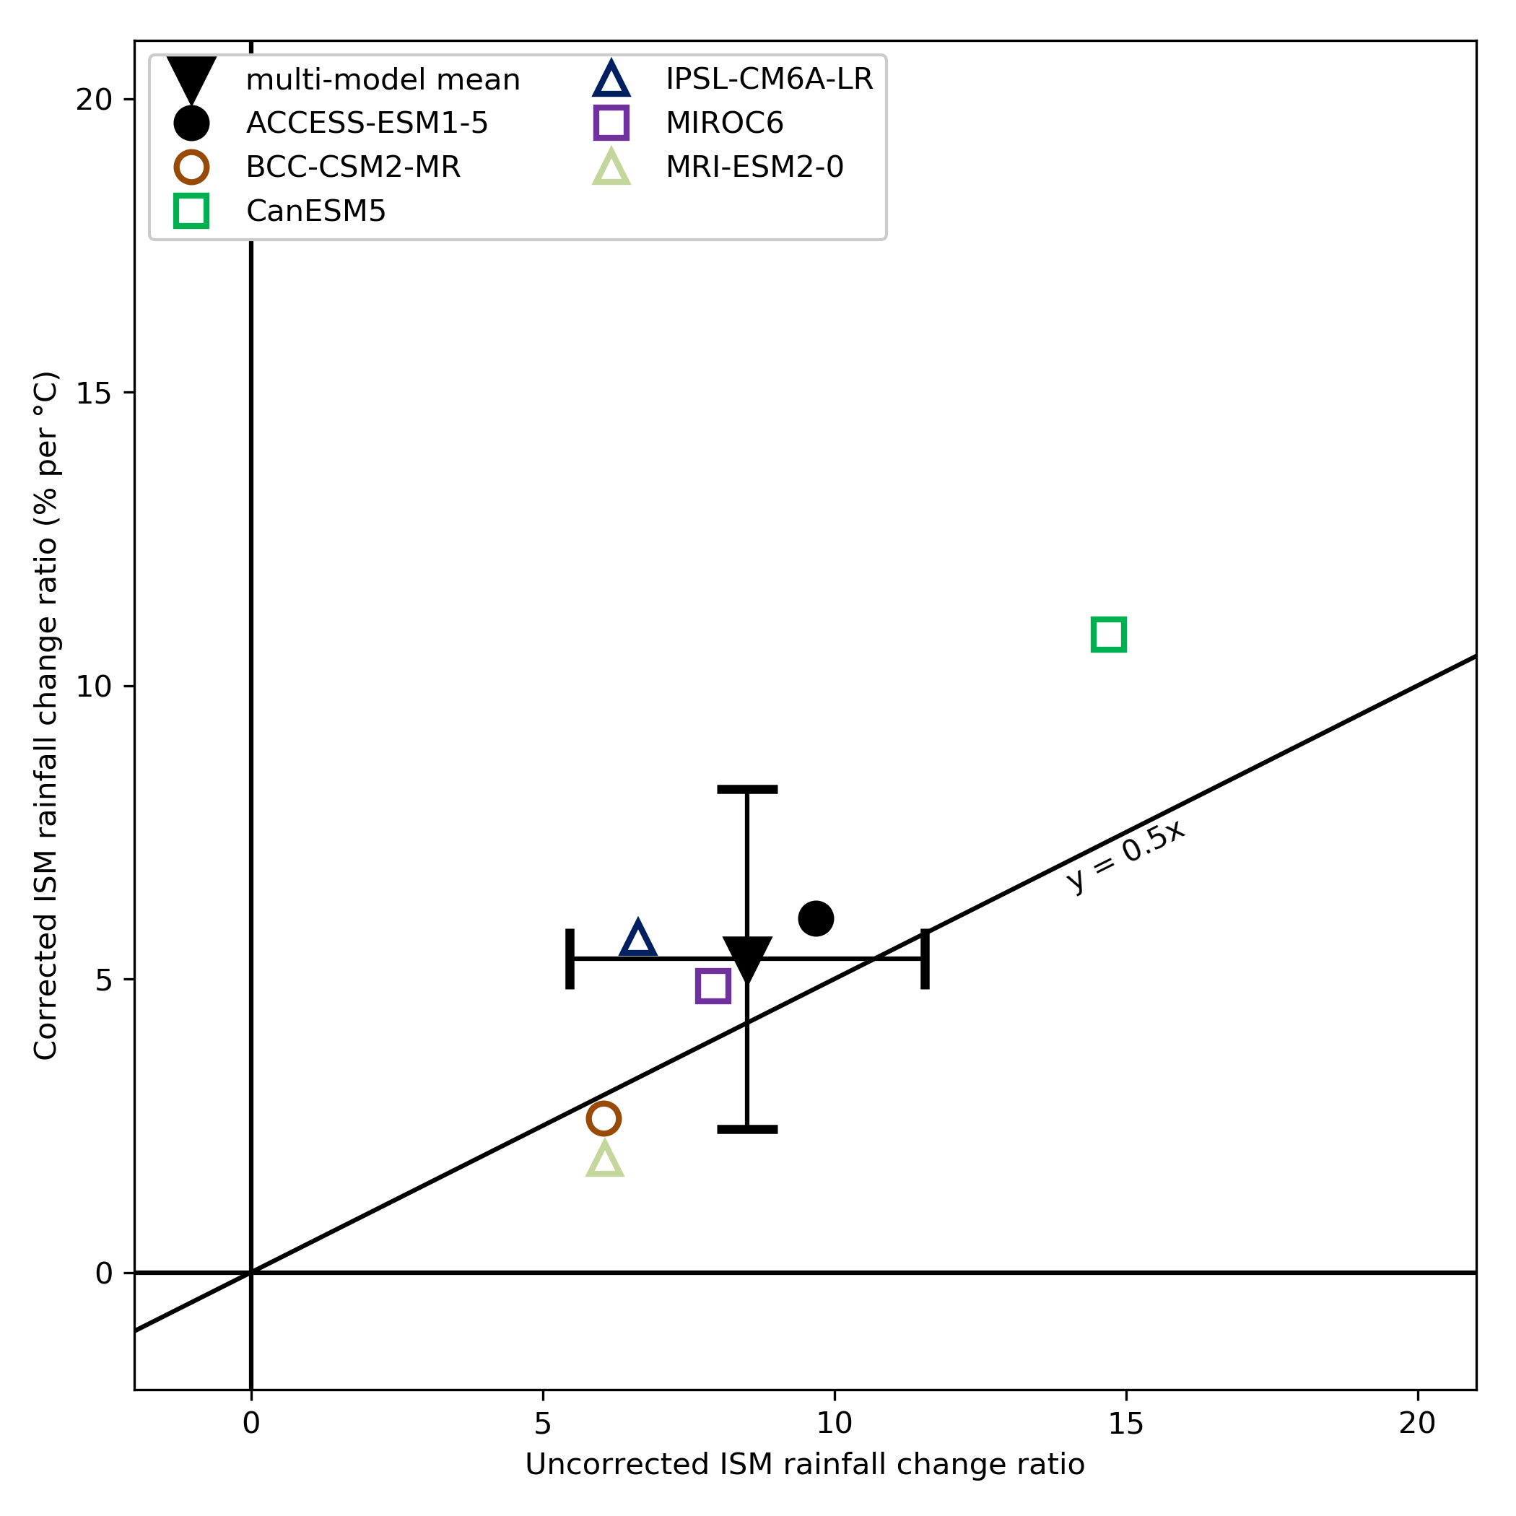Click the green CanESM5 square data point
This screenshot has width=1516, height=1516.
point(1109,634)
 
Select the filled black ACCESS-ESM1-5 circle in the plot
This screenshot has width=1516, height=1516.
point(816,918)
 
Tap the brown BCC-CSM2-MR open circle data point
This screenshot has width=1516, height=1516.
point(604,1118)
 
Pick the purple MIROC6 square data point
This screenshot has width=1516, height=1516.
point(713,985)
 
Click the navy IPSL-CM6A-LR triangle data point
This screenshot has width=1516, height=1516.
point(638,939)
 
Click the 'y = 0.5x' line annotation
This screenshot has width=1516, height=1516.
point(1126,856)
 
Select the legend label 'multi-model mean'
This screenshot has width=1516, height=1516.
point(383,80)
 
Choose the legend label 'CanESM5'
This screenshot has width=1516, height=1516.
point(315,211)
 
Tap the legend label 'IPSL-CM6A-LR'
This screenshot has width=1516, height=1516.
point(769,79)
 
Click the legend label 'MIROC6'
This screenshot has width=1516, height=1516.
point(724,123)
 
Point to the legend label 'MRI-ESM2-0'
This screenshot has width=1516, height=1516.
point(754,167)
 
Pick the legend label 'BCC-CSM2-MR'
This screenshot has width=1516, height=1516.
point(353,167)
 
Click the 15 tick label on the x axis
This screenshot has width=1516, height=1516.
point(1126,1423)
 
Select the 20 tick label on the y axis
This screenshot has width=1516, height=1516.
point(94,100)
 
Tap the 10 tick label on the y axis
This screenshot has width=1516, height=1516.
point(94,687)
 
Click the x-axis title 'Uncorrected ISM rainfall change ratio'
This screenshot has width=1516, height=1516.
point(804,1464)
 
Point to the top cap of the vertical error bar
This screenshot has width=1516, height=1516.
point(747,789)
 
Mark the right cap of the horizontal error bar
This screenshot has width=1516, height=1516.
point(925,959)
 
